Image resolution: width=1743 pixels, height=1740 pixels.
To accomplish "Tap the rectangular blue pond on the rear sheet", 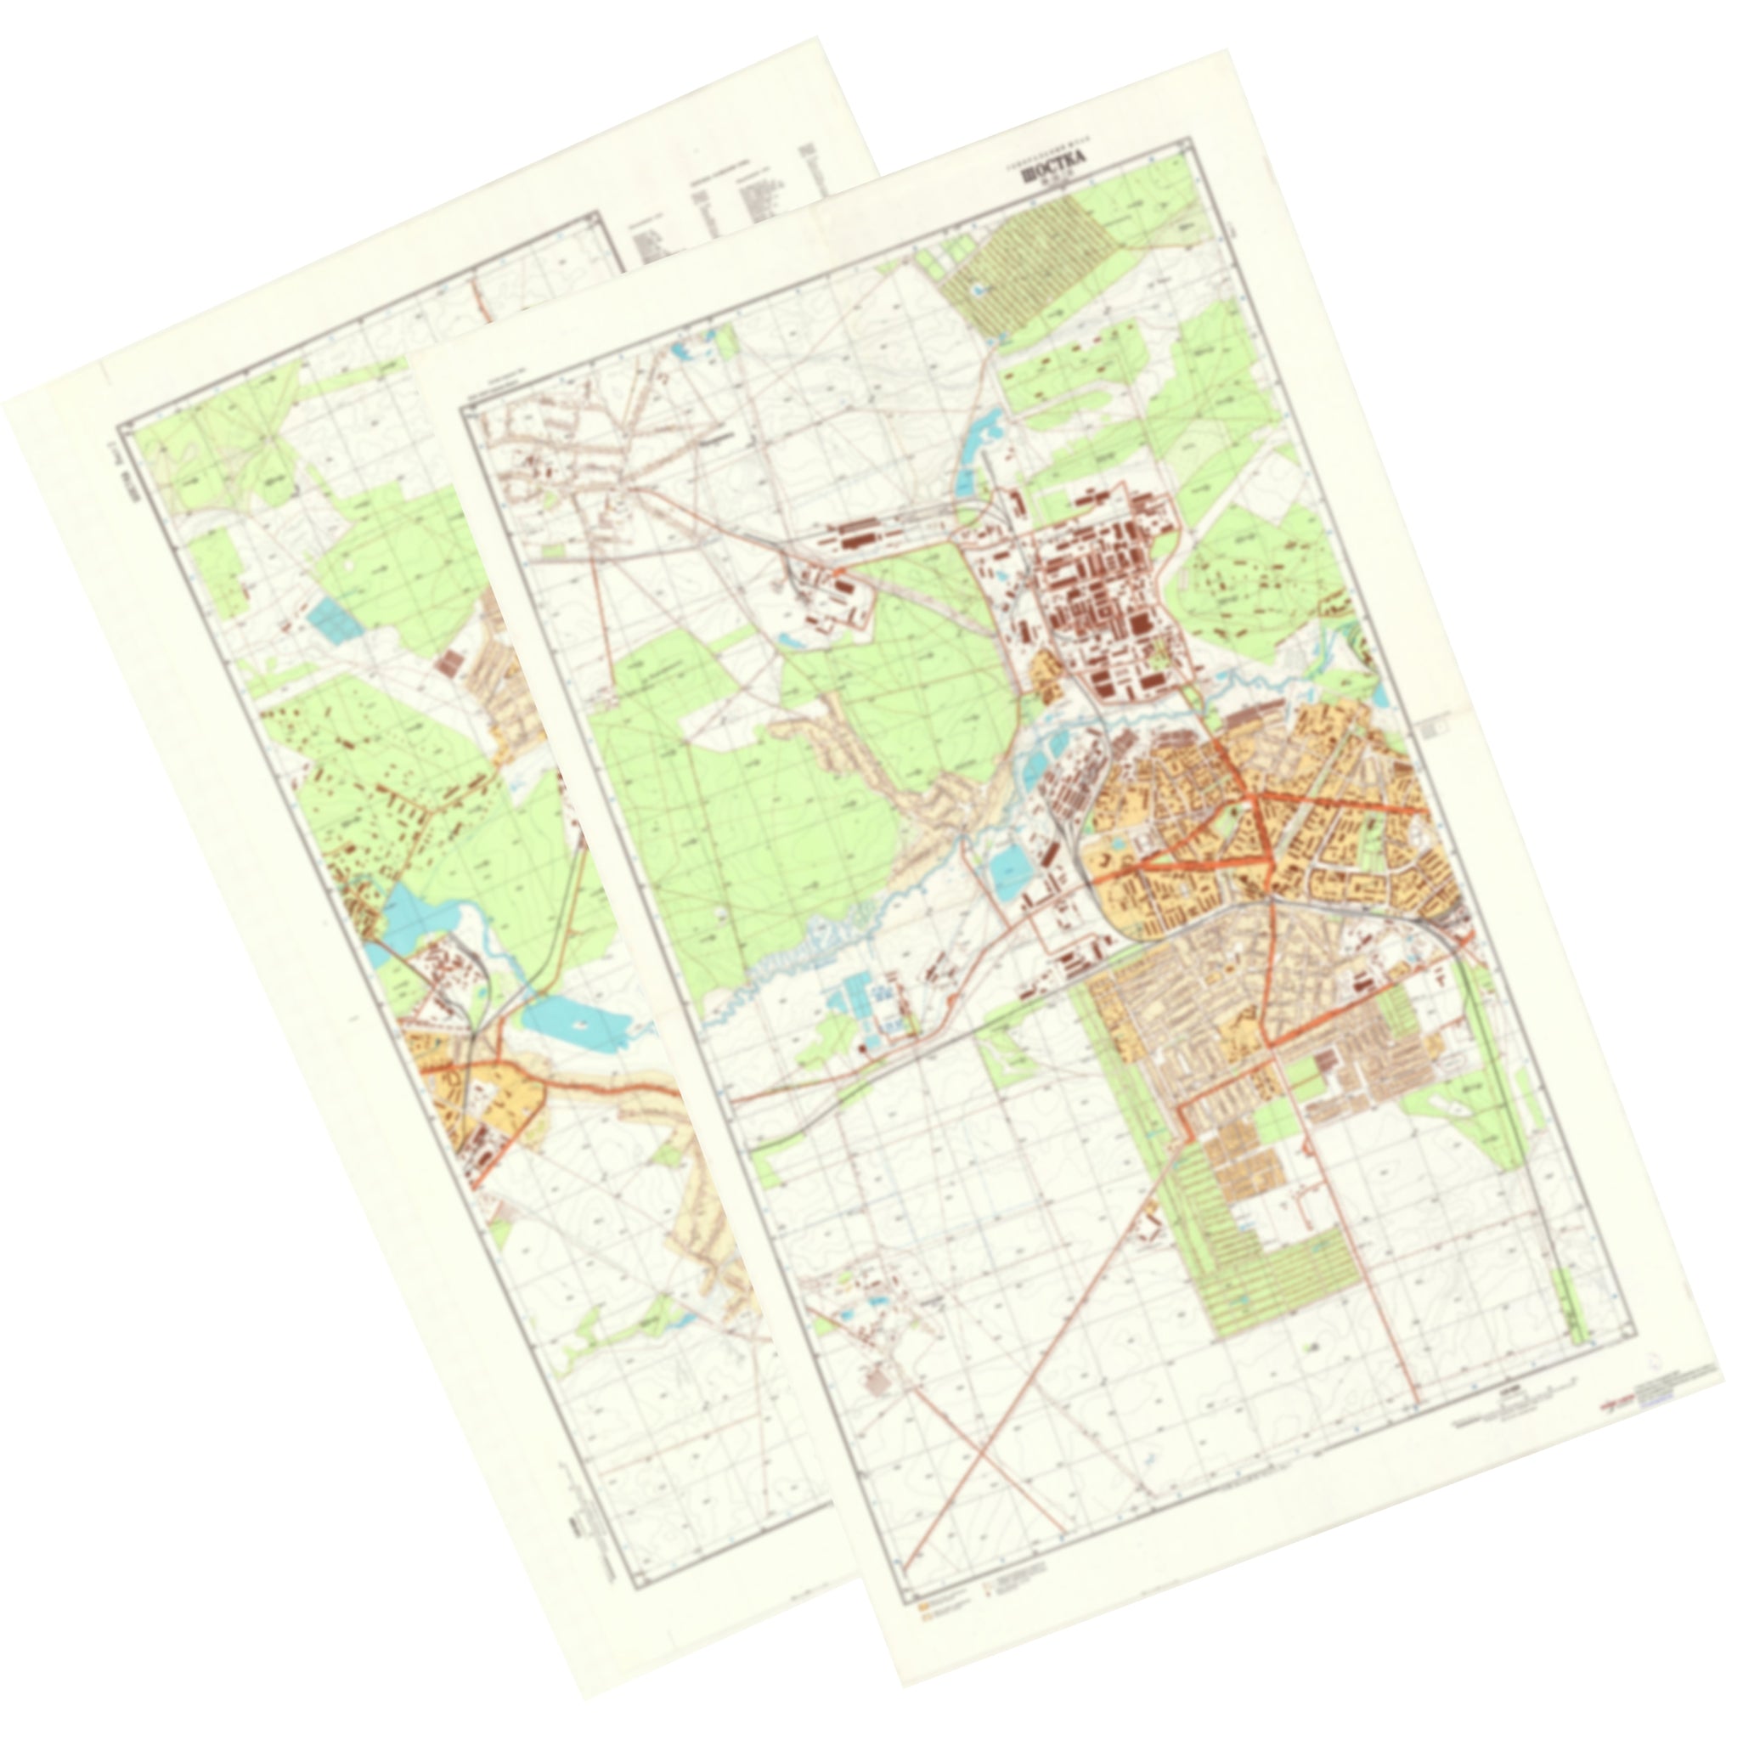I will (x=331, y=620).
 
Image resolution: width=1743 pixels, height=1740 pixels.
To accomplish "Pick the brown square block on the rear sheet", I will (x=448, y=664).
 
